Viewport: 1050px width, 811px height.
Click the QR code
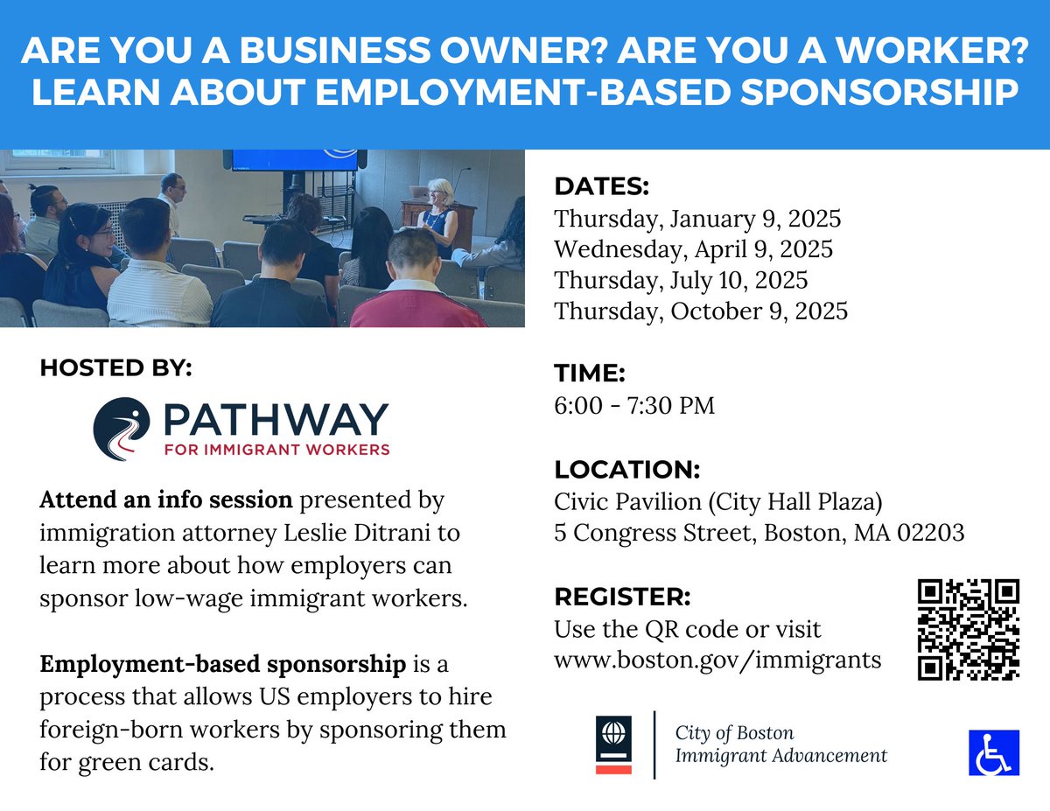tap(969, 630)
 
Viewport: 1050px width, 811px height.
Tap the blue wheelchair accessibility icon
tap(994, 752)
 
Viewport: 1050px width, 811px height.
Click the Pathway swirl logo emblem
tap(122, 429)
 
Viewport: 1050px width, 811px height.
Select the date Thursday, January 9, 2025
tap(697, 219)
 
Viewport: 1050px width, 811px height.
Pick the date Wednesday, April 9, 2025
tap(693, 249)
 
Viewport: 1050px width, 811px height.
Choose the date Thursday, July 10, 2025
tap(681, 280)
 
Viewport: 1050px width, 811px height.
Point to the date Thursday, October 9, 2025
tap(701, 311)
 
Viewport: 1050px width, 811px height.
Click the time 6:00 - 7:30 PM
tap(634, 406)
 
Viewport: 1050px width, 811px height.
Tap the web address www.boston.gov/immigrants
tap(717, 660)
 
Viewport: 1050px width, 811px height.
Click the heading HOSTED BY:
tap(115, 368)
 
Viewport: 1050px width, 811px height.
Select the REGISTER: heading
tap(622, 597)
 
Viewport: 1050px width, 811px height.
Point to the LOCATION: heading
tap(626, 469)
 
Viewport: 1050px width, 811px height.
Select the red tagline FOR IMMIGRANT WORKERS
tap(276, 451)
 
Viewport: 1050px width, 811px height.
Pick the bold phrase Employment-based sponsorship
tap(223, 664)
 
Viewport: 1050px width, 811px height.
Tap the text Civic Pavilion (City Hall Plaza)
tap(718, 502)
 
